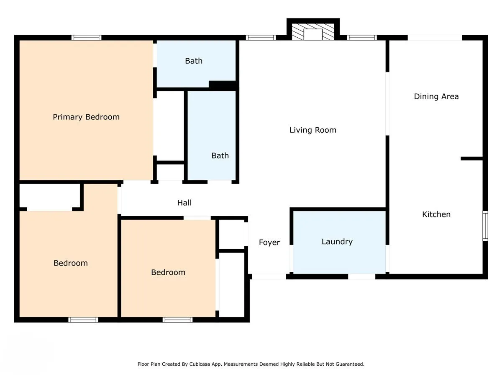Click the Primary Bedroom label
tap(86, 117)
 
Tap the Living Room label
tap(313, 130)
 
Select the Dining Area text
tap(436, 96)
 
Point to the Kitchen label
tap(436, 214)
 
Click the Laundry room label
tap(337, 242)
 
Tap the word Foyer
tap(269, 243)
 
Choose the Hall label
tap(184, 203)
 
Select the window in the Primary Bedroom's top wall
tap(87, 38)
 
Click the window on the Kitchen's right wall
tap(485, 226)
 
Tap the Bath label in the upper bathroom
tap(194, 61)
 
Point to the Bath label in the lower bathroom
tap(220, 156)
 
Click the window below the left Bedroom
tap(83, 320)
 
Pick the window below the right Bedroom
tap(178, 320)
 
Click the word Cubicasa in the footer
tap(200, 364)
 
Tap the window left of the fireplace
tap(261, 38)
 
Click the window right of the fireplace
tap(362, 38)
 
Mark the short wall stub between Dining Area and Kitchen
tap(472, 158)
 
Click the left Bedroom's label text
tap(71, 263)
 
